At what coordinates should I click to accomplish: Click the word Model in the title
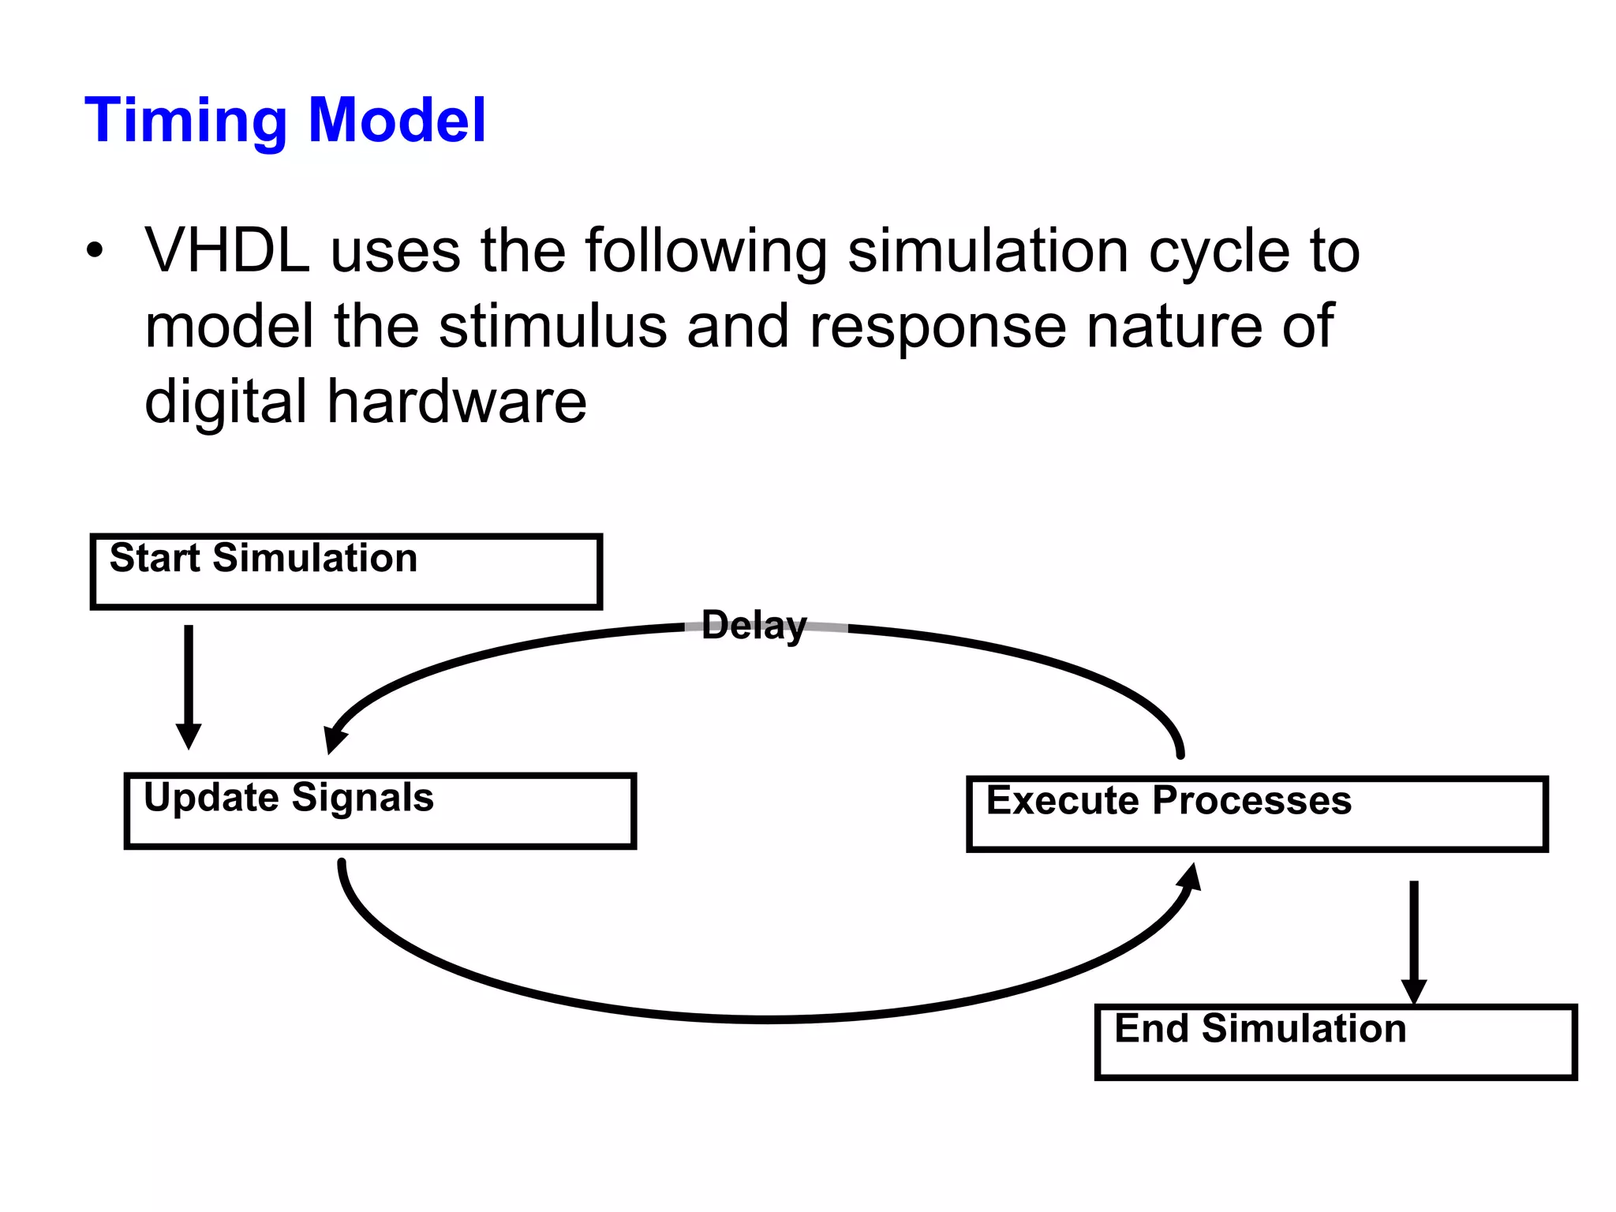[x=397, y=121]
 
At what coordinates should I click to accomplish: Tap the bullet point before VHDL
[x=95, y=251]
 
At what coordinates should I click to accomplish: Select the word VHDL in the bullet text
[x=227, y=251]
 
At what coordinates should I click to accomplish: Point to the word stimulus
[x=552, y=327]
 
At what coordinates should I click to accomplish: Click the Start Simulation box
[x=346, y=572]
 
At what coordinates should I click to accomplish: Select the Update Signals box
[x=380, y=811]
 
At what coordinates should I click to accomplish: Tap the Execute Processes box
[x=1256, y=814]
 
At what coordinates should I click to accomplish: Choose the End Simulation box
[x=1335, y=1042]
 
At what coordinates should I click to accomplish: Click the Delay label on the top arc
[x=754, y=626]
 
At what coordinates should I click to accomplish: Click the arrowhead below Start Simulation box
[x=189, y=735]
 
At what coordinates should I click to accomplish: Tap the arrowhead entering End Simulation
[x=1413, y=991]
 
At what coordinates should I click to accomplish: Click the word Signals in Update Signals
[x=363, y=798]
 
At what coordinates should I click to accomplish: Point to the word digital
[x=226, y=402]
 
